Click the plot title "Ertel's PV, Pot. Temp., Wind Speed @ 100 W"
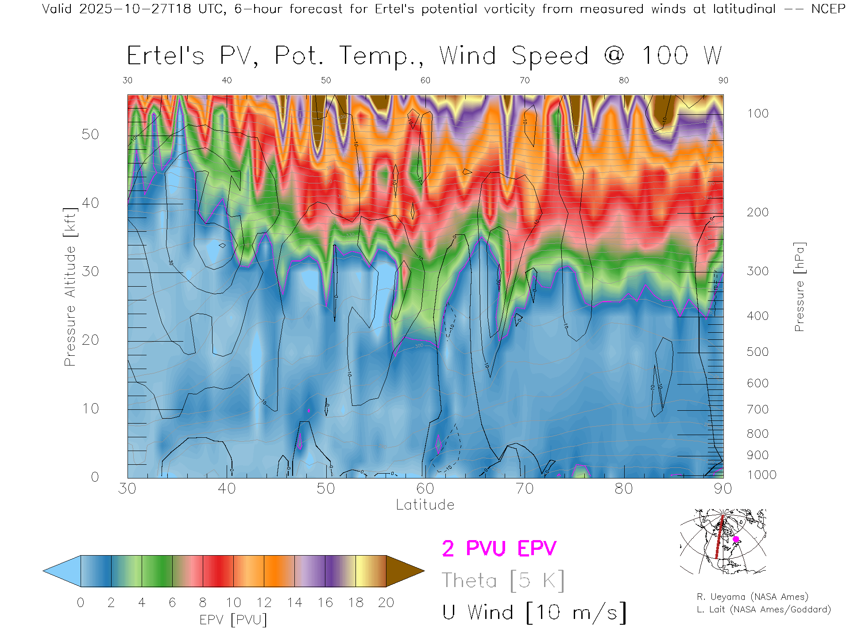(x=424, y=56)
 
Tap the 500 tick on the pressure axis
(x=757, y=352)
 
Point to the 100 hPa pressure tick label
(x=757, y=113)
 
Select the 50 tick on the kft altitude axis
(x=90, y=134)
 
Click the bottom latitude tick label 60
(x=425, y=489)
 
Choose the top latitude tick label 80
(x=623, y=80)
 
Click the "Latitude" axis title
(x=425, y=505)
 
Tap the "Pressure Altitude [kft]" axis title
(x=70, y=287)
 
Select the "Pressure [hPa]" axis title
(x=799, y=287)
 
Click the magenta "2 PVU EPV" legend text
(x=499, y=549)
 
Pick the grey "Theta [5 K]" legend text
(x=503, y=580)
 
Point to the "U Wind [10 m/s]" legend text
(x=534, y=613)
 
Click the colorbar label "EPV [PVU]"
(x=233, y=620)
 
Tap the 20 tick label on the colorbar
(x=386, y=603)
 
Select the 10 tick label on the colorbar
(x=233, y=603)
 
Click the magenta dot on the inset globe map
(x=736, y=539)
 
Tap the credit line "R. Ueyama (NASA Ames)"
(x=753, y=597)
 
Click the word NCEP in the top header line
(x=828, y=9)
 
